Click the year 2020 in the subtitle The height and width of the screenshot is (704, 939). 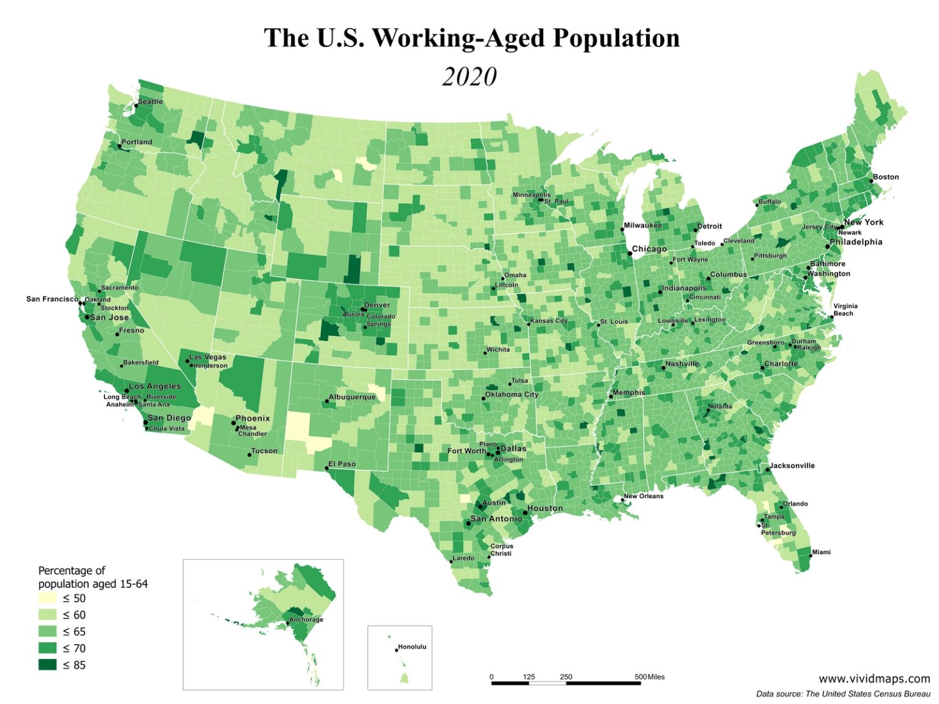coord(469,77)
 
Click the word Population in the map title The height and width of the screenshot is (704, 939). coord(616,38)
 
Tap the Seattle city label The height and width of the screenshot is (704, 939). coord(150,101)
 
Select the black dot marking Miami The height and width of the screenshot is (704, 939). coord(811,555)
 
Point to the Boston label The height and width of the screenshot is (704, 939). coord(885,177)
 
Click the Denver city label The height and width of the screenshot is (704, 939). coord(377,305)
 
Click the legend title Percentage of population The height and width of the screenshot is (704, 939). coord(72,570)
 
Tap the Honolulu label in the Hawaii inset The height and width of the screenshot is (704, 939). coord(412,647)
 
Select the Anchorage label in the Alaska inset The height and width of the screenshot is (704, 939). coord(306,620)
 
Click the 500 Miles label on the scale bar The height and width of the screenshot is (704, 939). coord(649,676)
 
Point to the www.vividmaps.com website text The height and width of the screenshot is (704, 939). coord(874,678)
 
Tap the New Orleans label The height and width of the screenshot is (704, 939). coord(643,496)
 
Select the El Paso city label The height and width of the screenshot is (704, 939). coord(342,464)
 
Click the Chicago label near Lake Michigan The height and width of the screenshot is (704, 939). coord(649,249)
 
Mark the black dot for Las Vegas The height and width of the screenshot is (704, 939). coord(187,361)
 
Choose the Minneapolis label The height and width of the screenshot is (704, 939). coord(531,195)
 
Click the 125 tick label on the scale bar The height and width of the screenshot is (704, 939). coord(529,676)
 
